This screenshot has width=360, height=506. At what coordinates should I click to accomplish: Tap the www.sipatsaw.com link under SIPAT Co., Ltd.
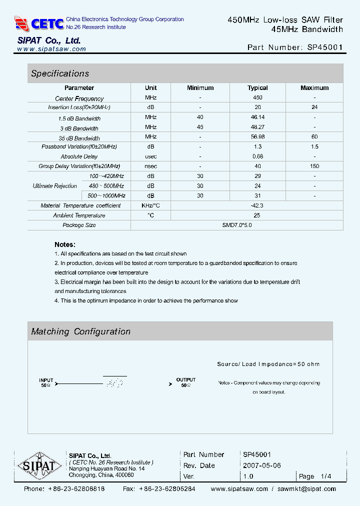click(x=51, y=49)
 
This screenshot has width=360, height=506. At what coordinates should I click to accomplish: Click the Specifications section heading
click(x=60, y=73)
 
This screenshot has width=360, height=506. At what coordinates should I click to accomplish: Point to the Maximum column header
click(x=314, y=88)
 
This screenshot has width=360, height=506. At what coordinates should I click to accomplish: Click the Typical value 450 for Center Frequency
click(x=257, y=98)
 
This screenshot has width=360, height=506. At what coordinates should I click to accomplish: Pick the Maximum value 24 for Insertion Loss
click(x=314, y=107)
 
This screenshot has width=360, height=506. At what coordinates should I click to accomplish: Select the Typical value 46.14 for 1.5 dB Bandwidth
click(x=257, y=117)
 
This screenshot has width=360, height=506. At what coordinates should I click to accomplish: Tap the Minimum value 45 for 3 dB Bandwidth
click(x=200, y=127)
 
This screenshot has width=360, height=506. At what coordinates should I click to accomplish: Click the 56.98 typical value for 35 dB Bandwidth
click(x=257, y=136)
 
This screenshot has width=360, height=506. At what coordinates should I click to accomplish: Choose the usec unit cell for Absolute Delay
click(x=151, y=156)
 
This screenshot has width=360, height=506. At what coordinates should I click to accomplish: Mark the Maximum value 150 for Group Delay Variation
click(x=314, y=166)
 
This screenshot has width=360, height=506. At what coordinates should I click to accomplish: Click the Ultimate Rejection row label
click(x=54, y=186)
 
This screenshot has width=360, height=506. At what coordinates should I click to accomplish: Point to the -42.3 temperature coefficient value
click(x=257, y=205)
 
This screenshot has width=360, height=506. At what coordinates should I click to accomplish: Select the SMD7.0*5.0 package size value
click(x=237, y=225)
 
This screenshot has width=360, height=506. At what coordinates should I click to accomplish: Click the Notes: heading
click(x=65, y=244)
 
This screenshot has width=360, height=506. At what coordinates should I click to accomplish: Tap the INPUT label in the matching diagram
click(x=46, y=380)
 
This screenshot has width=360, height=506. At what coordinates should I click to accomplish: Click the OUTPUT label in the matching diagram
click(x=186, y=380)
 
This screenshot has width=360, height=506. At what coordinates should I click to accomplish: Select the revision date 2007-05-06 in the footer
click(x=262, y=465)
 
